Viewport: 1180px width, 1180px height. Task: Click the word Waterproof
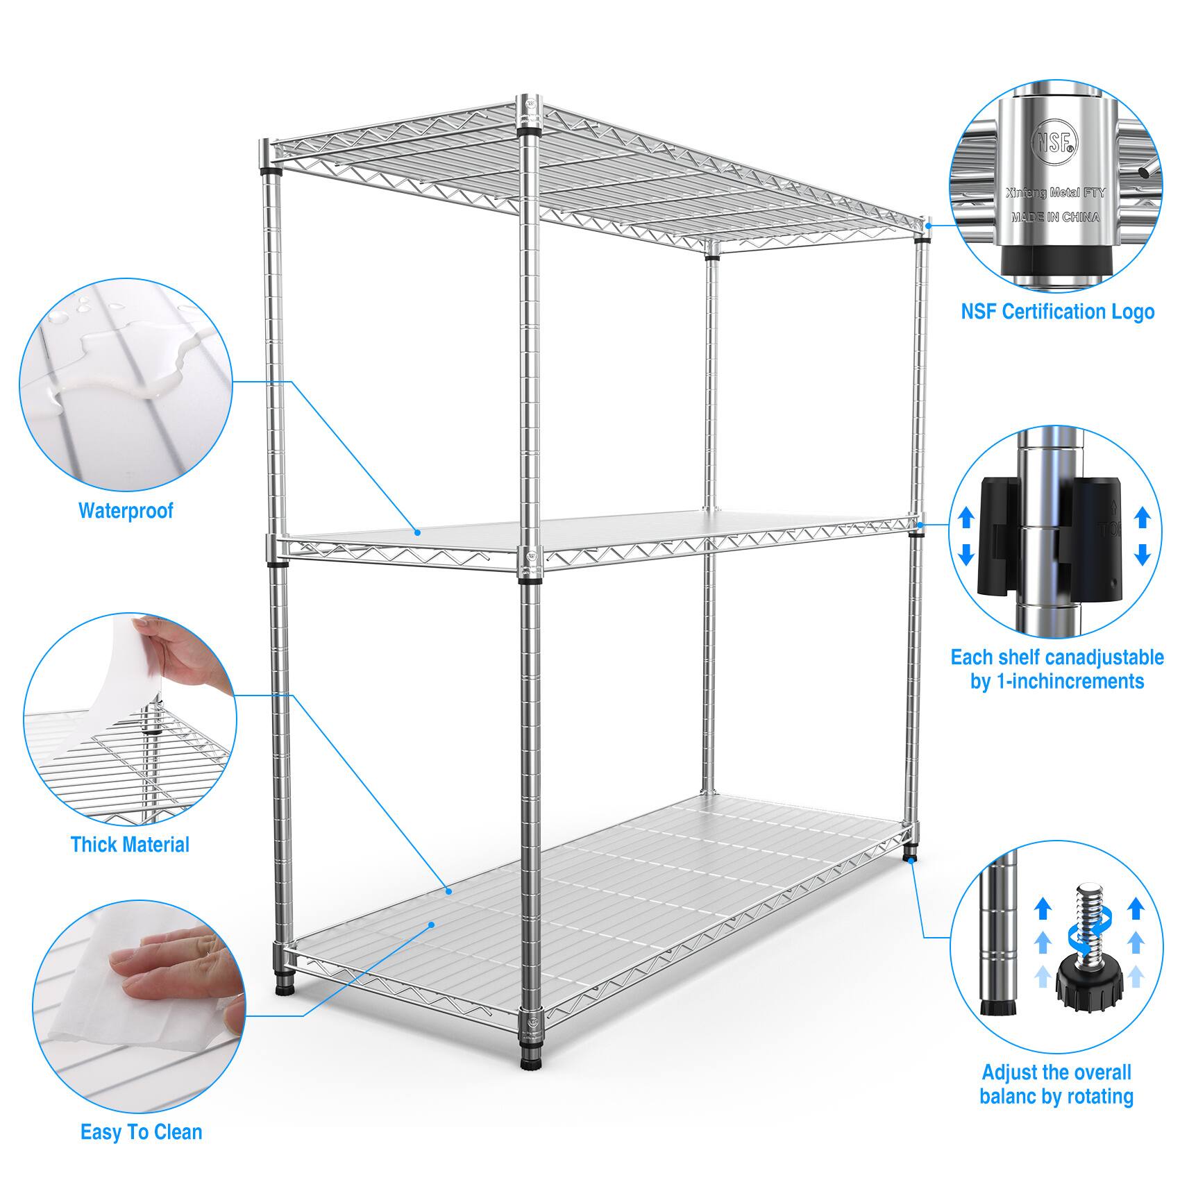coord(126,511)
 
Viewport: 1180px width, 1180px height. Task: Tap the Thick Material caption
coord(130,845)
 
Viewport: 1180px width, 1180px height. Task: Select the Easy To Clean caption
coord(142,1132)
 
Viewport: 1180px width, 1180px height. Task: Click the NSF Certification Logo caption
coord(1057,312)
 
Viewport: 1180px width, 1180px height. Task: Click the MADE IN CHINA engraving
coord(1055,217)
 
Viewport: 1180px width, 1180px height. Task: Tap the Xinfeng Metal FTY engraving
coord(1055,194)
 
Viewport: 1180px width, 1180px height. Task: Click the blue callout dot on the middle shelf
coord(418,532)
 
